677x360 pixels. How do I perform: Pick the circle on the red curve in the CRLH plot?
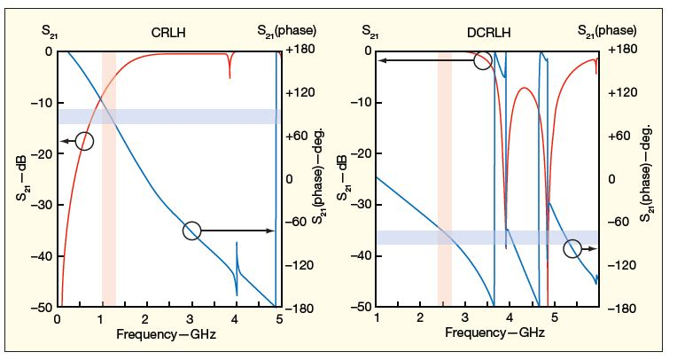(84, 140)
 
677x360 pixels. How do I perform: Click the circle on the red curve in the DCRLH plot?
(482, 60)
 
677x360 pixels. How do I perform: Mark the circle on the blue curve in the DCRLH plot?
(572, 249)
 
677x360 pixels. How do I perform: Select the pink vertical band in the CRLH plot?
(109, 177)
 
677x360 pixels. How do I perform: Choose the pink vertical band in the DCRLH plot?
(445, 177)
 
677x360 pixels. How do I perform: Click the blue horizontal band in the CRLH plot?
(168, 116)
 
